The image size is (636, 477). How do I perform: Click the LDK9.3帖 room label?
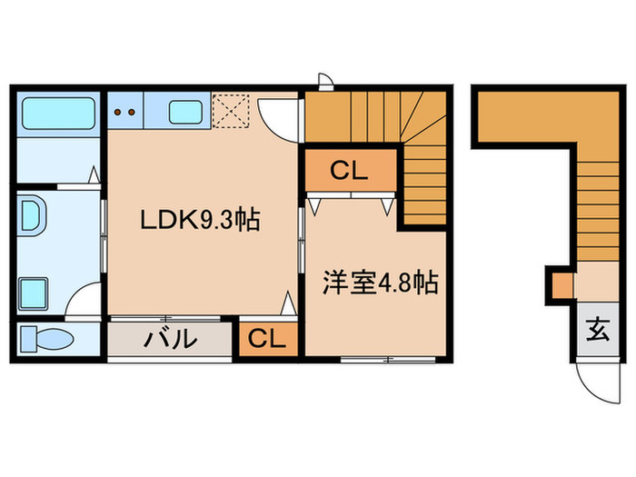pyautogui.click(x=200, y=219)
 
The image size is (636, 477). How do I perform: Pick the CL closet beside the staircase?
pyautogui.click(x=349, y=170)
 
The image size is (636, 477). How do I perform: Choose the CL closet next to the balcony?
pyautogui.click(x=267, y=339)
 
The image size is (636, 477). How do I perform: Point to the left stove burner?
pyautogui.click(x=118, y=114)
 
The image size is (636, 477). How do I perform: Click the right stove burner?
pyautogui.click(x=133, y=114)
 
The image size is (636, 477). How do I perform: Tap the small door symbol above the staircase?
pyautogui.click(x=324, y=80)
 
